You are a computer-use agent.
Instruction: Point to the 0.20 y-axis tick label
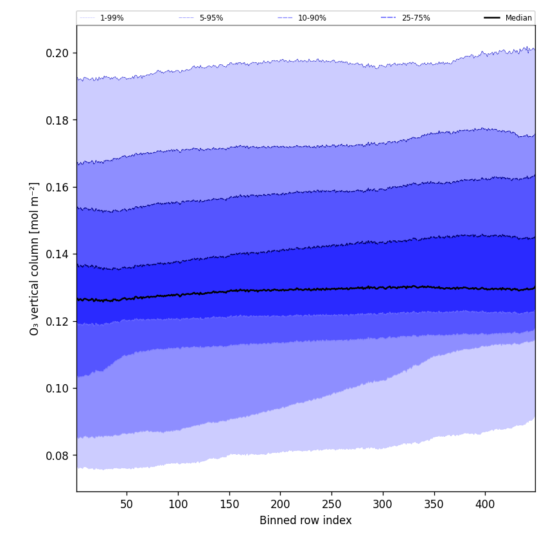click(x=57, y=53)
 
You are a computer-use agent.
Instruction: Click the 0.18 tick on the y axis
click(x=57, y=120)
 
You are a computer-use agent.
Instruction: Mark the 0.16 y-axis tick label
click(x=57, y=187)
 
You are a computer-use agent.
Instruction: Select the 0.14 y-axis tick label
click(x=57, y=254)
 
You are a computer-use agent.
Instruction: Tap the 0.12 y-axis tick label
click(x=57, y=321)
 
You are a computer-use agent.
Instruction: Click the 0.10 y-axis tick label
click(x=57, y=389)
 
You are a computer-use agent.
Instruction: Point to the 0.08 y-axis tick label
click(x=57, y=455)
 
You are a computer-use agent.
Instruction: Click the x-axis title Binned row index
click(x=306, y=521)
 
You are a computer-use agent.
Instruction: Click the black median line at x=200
click(x=280, y=290)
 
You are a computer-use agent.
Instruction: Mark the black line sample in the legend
click(x=493, y=18)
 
